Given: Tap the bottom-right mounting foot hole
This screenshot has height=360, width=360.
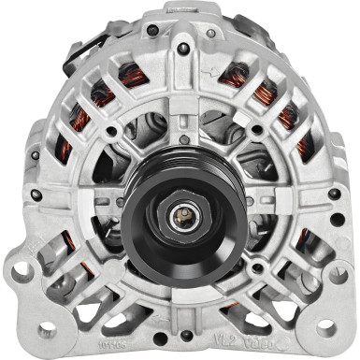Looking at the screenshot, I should click(x=327, y=328).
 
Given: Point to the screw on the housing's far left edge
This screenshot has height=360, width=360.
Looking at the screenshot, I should click(x=35, y=195).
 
